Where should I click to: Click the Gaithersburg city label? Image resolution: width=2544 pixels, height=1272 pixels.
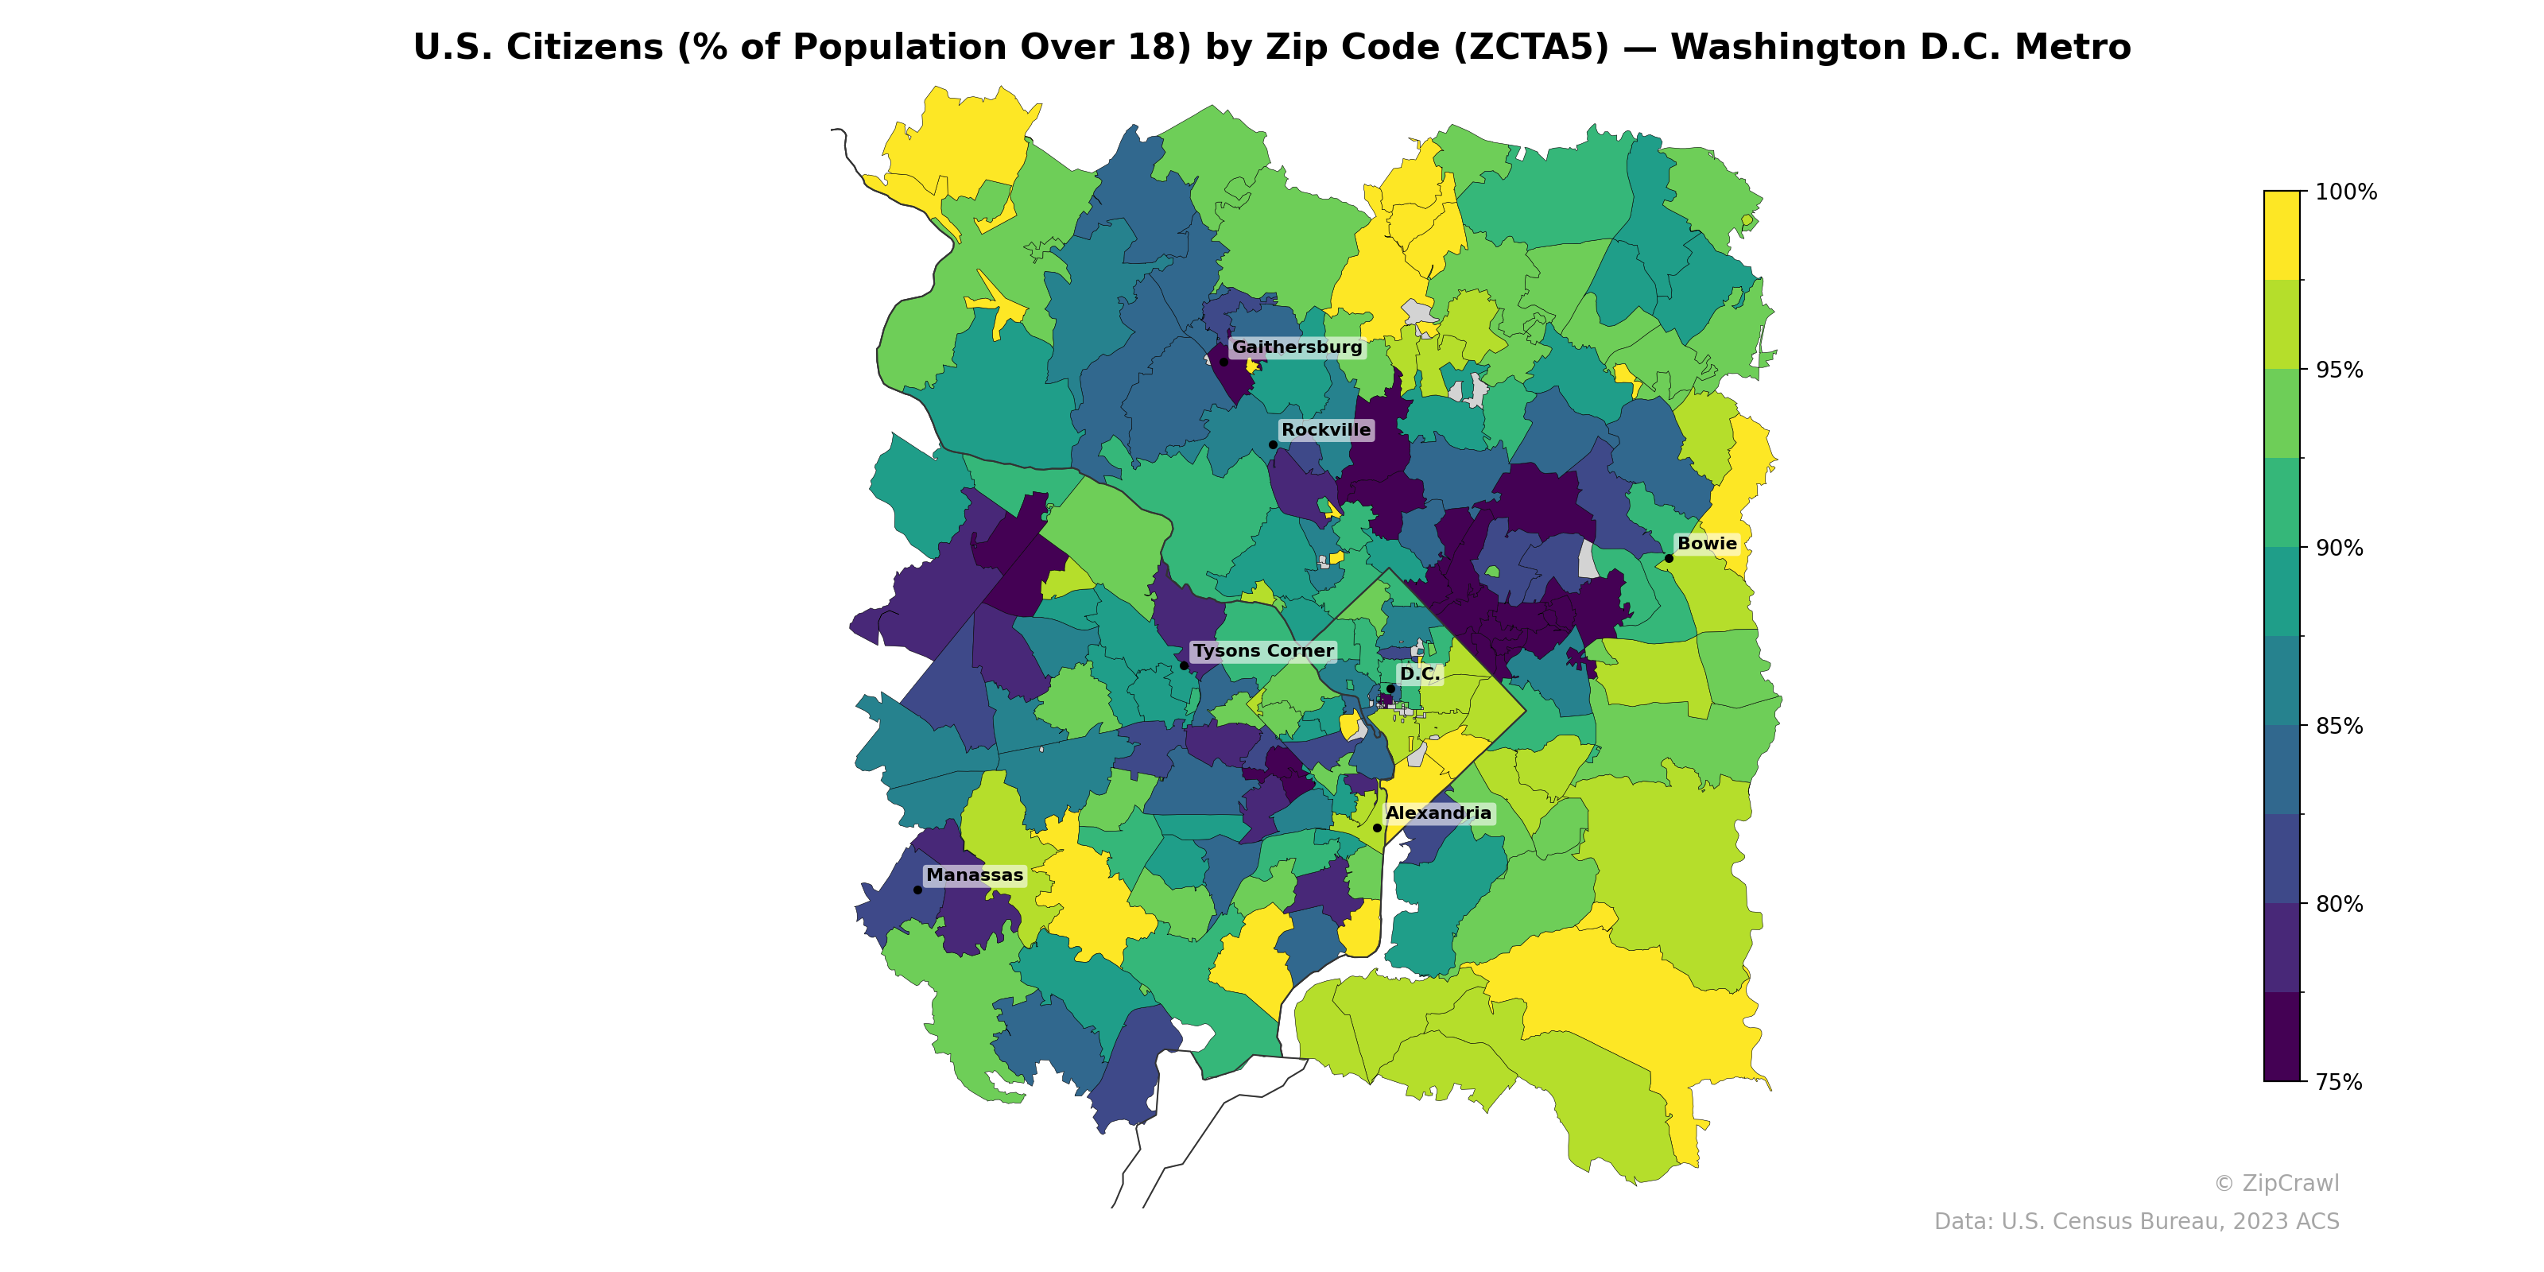click(x=1296, y=347)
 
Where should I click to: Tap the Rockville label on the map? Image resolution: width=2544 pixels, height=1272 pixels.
click(x=1325, y=431)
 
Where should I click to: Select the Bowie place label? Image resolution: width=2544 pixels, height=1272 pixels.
click(x=1707, y=544)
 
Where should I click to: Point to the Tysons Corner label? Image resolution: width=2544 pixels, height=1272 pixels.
click(x=1263, y=652)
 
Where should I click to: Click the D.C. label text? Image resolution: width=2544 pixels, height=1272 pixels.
click(x=1419, y=674)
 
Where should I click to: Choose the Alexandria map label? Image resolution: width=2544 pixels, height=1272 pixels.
click(x=1438, y=814)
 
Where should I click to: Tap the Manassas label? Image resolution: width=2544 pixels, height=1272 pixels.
click(x=975, y=876)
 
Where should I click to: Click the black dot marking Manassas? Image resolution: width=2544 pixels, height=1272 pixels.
click(x=917, y=890)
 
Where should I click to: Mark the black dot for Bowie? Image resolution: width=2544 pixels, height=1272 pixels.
click(x=1669, y=558)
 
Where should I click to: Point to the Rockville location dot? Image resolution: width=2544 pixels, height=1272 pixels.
click(x=1273, y=444)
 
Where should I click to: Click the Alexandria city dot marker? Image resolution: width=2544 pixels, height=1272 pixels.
click(x=1378, y=828)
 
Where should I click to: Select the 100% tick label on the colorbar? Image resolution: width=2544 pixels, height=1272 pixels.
click(x=2345, y=192)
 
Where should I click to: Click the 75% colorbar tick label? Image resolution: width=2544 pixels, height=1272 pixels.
click(x=2339, y=1082)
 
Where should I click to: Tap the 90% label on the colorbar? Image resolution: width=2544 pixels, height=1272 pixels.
click(x=2339, y=548)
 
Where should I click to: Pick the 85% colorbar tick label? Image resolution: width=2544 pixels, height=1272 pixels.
click(x=2339, y=726)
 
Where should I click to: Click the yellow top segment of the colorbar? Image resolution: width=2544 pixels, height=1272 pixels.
click(x=2282, y=235)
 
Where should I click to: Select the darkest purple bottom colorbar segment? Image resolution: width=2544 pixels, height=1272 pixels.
click(x=2282, y=1037)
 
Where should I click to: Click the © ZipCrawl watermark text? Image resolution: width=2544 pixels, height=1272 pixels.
click(x=2275, y=1183)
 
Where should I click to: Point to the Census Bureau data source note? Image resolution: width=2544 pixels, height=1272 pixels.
click(x=2136, y=1222)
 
